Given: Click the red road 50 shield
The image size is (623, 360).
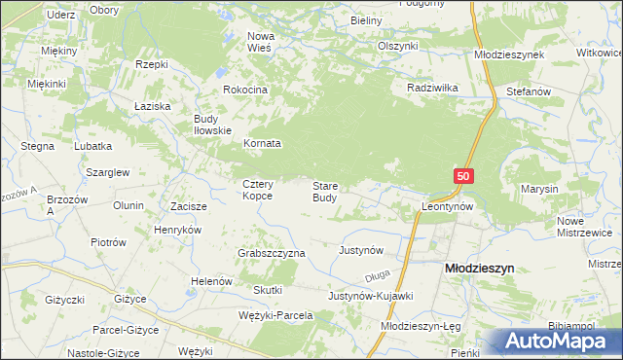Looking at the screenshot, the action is (x=464, y=176).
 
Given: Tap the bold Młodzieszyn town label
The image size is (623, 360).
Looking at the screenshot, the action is (x=479, y=267).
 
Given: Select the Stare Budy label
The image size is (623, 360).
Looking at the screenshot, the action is (x=325, y=192).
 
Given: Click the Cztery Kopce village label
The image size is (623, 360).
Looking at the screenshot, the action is (x=258, y=190).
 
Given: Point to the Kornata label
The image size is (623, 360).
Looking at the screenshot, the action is (x=262, y=143).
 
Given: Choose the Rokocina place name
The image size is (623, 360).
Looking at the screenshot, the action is (x=245, y=90).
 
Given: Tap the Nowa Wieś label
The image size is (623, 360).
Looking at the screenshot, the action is (x=261, y=43).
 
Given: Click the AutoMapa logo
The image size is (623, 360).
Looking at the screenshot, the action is (x=556, y=341).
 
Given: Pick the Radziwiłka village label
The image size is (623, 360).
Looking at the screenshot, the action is (x=433, y=87).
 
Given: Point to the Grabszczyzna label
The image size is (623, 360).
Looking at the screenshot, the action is (x=272, y=253).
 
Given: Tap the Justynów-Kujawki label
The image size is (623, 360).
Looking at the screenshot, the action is (x=371, y=295).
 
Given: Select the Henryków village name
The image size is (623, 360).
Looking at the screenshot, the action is (x=177, y=230).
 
